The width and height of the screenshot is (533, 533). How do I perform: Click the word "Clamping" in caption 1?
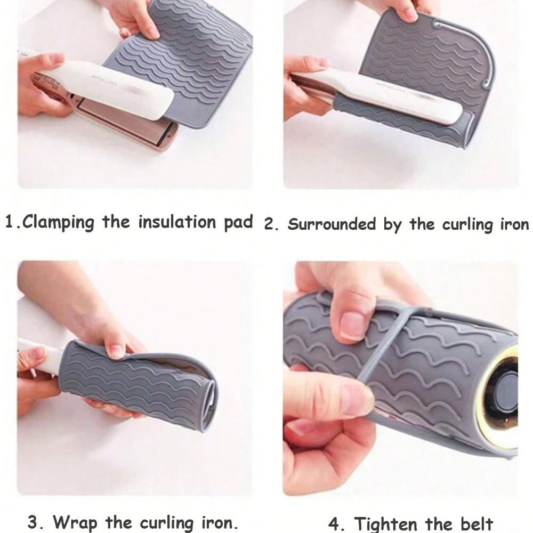[x=58, y=222]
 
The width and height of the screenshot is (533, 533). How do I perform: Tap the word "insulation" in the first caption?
[x=177, y=222]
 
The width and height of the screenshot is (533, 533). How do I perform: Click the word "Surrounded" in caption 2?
[x=332, y=224]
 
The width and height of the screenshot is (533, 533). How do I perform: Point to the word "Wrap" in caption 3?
[x=75, y=522]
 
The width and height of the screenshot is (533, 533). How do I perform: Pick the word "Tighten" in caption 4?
[x=385, y=524]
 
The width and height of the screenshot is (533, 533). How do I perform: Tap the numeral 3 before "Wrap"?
[x=33, y=522]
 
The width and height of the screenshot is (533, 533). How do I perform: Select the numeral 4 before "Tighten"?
[x=334, y=524]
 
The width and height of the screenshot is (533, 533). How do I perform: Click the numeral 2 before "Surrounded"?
[x=269, y=224]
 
